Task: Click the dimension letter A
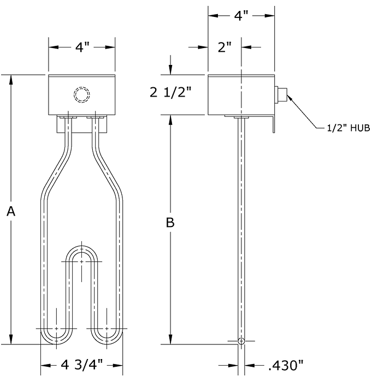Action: tap(11, 211)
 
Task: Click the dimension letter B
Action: tap(170, 222)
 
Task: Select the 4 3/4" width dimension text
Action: tap(81, 365)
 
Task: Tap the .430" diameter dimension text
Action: tap(285, 365)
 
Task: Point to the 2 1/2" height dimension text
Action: tap(170, 93)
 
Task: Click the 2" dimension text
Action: tap(225, 47)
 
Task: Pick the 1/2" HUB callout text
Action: tap(349, 128)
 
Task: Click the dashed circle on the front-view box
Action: tap(82, 94)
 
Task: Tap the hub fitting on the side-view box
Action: tap(281, 94)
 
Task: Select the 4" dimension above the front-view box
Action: tap(82, 47)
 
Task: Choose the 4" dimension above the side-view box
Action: tap(241, 16)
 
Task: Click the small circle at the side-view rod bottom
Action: tap(241, 341)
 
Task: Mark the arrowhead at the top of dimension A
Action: tap(11, 80)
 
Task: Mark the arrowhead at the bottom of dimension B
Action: tap(170, 339)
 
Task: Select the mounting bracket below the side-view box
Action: tap(274, 124)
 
